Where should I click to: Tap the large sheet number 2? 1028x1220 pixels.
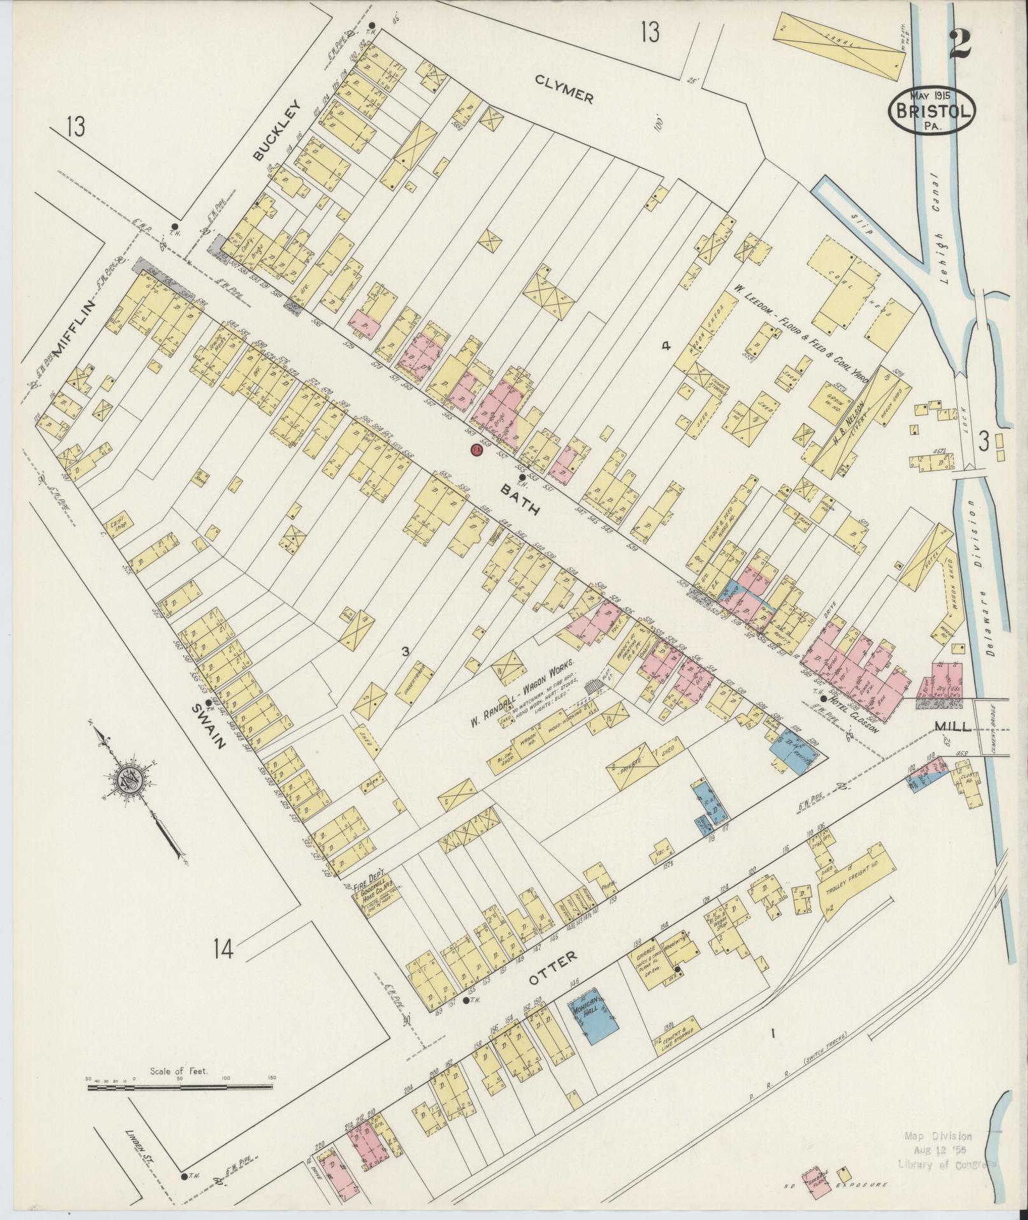(964, 44)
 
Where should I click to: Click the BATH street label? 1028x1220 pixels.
(520, 499)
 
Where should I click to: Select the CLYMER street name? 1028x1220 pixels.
(564, 88)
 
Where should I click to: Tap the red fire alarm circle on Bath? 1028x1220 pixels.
(475, 450)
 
